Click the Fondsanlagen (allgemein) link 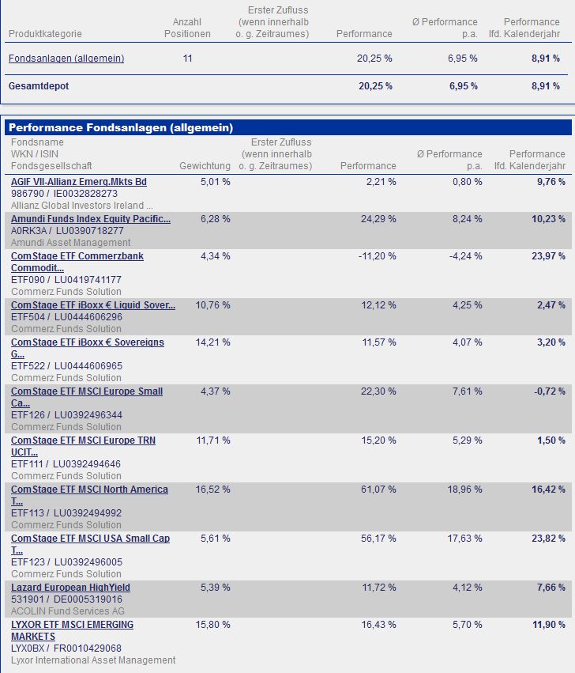tap(66, 59)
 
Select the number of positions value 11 tap(187, 59)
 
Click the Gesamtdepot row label tap(39, 86)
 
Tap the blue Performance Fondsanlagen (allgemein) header tap(121, 127)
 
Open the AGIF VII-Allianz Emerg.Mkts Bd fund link tap(79, 182)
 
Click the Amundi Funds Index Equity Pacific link tap(91, 219)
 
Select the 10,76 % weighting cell tap(213, 305)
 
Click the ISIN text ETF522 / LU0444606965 tap(66, 366)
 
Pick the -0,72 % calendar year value tap(551, 391)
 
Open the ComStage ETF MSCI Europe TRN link tap(83, 440)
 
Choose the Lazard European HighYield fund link tap(70, 588)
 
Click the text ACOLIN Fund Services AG tap(68, 611)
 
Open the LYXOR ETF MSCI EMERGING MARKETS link tap(72, 625)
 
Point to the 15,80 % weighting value tap(213, 625)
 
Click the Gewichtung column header tap(205, 166)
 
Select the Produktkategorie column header tap(45, 34)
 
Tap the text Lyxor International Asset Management tap(93, 660)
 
